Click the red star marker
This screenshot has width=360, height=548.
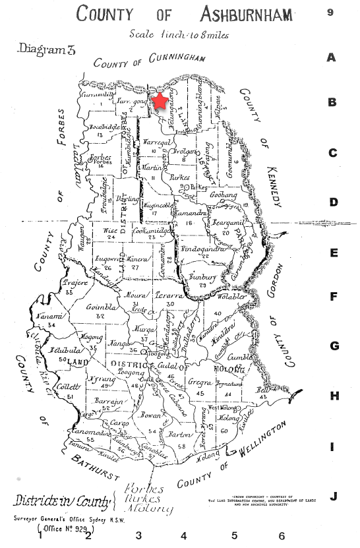(x=158, y=102)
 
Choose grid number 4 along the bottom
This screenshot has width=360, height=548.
(x=183, y=536)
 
